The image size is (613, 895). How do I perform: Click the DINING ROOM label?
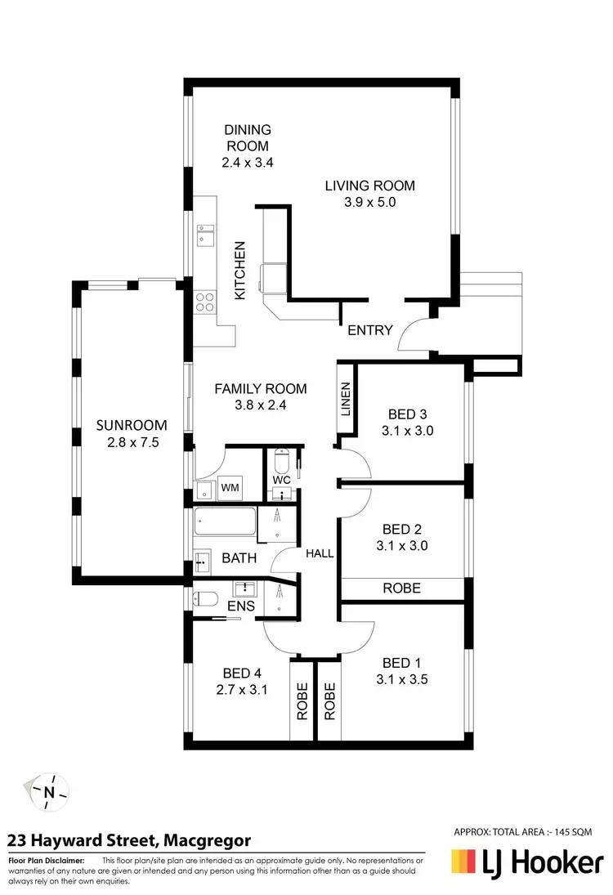pyautogui.click(x=247, y=137)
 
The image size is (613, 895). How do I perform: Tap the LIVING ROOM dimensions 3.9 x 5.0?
pyautogui.click(x=369, y=202)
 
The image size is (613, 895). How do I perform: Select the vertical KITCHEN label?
pyautogui.click(x=240, y=271)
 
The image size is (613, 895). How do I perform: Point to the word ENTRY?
pyautogui.click(x=370, y=330)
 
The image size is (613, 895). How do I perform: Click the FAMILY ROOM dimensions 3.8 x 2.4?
pyautogui.click(x=260, y=404)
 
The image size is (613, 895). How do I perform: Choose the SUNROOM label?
pyautogui.click(x=131, y=425)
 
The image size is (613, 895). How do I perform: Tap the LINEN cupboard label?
pyautogui.click(x=345, y=400)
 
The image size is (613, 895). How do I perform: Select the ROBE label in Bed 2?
pyautogui.click(x=401, y=588)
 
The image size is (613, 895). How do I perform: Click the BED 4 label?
pyautogui.click(x=242, y=673)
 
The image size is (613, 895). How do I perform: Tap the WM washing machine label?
pyautogui.click(x=230, y=488)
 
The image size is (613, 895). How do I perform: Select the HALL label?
pyautogui.click(x=320, y=553)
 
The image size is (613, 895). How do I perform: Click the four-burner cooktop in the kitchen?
pyautogui.click(x=205, y=302)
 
